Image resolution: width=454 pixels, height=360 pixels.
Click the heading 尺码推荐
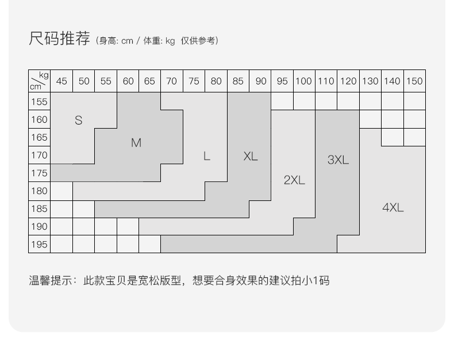click(60, 39)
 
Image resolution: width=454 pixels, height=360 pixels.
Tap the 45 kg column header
click(61, 81)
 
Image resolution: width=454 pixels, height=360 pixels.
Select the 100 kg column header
click(304, 81)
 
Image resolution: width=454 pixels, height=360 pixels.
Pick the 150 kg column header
click(414, 81)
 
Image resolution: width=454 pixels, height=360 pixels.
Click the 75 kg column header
click(194, 81)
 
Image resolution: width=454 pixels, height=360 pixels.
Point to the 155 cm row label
click(39, 102)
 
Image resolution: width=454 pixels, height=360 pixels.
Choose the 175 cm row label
click(39, 173)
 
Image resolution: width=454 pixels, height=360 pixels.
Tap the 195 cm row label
click(39, 244)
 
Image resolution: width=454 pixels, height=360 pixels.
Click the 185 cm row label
click(39, 208)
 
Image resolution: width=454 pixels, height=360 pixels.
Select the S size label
click(79, 121)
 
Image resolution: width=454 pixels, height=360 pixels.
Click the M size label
click(136, 143)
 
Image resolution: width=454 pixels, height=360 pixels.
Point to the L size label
click(207, 156)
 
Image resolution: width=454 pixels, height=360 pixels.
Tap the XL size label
click(251, 156)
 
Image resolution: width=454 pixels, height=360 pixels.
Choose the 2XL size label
click(294, 180)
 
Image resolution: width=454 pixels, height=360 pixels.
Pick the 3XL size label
click(338, 160)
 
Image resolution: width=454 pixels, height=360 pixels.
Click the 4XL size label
click(393, 208)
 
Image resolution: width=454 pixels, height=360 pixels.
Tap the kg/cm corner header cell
click(39, 81)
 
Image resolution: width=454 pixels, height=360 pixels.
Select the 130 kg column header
click(370, 81)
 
